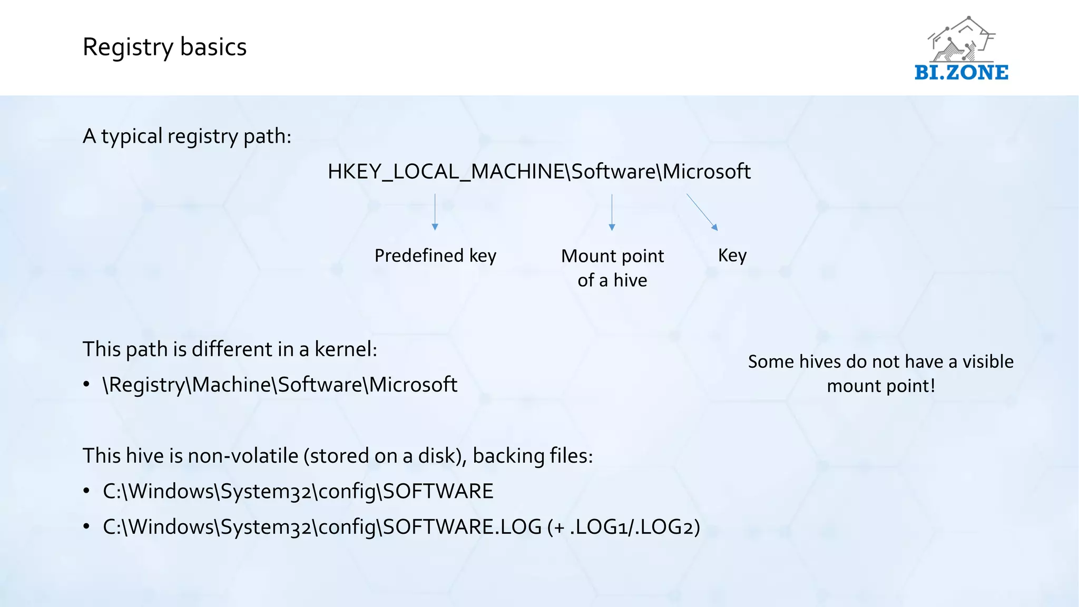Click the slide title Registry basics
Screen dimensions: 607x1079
point(164,47)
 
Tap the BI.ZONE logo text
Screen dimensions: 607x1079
point(961,73)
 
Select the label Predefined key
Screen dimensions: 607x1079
point(435,256)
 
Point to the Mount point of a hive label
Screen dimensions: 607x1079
point(612,268)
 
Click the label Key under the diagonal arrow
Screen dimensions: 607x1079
point(732,256)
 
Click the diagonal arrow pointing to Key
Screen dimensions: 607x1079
point(702,212)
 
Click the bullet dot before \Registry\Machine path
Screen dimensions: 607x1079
point(86,385)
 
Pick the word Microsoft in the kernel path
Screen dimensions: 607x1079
point(413,385)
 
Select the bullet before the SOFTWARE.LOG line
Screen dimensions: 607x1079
point(86,526)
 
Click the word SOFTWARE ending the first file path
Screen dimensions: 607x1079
point(438,491)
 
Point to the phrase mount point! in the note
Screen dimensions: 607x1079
point(880,386)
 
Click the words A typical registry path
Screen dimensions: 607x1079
point(187,136)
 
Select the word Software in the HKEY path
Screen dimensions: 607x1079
point(613,172)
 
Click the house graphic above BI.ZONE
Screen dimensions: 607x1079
point(961,40)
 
